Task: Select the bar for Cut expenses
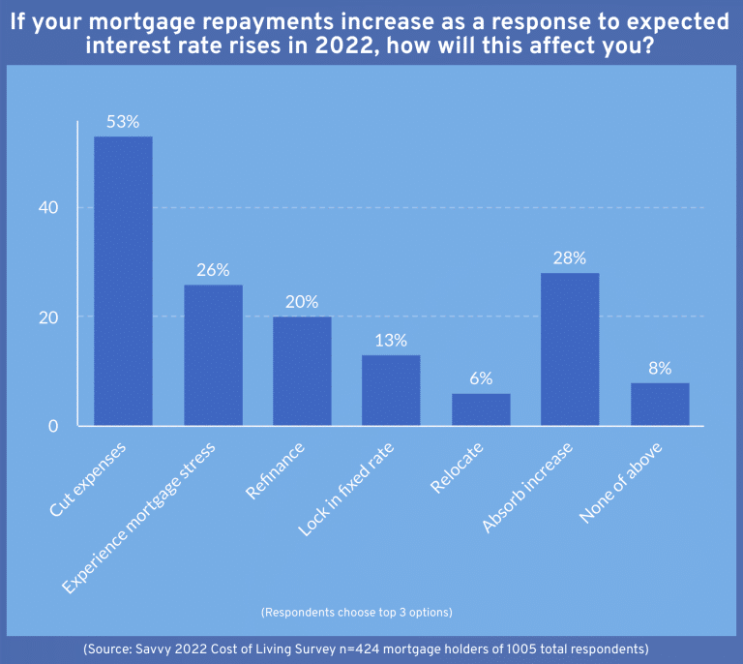point(123,281)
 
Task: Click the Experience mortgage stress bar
point(213,355)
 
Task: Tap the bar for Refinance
point(302,372)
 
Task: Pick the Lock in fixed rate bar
point(391,390)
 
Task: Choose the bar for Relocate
point(481,409)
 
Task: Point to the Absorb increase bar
point(570,349)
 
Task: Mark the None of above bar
point(660,405)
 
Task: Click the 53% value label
point(123,122)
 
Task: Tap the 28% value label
point(570,258)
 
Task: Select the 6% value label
point(481,378)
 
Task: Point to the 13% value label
point(391,341)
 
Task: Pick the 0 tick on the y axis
point(54,427)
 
